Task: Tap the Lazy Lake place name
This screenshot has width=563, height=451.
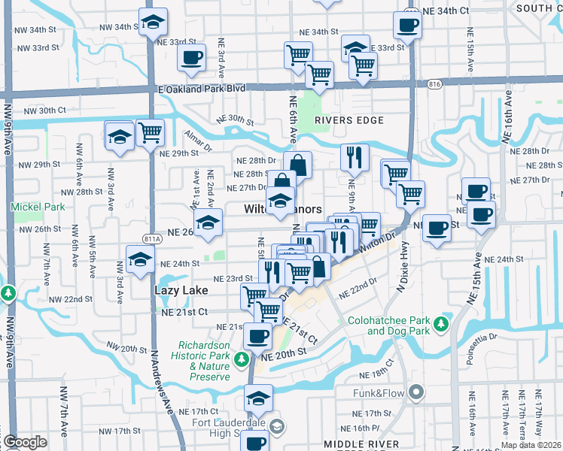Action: (x=176, y=289)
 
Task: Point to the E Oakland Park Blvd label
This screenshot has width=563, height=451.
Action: (x=192, y=88)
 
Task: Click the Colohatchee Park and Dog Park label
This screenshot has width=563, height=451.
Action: (x=388, y=325)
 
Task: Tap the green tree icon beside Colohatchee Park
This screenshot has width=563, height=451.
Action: (x=442, y=324)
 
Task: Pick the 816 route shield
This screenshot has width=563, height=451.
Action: (x=434, y=85)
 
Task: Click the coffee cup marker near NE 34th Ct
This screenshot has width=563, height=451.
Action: (x=407, y=26)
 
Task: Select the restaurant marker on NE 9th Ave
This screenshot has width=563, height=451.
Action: (x=351, y=158)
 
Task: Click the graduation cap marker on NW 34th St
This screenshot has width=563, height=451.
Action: (x=153, y=23)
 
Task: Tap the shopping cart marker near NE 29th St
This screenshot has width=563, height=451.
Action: (x=151, y=134)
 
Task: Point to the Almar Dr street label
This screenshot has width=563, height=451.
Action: (x=197, y=138)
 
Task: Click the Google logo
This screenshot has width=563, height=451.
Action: (x=25, y=441)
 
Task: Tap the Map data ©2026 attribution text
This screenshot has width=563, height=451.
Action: (x=530, y=445)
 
